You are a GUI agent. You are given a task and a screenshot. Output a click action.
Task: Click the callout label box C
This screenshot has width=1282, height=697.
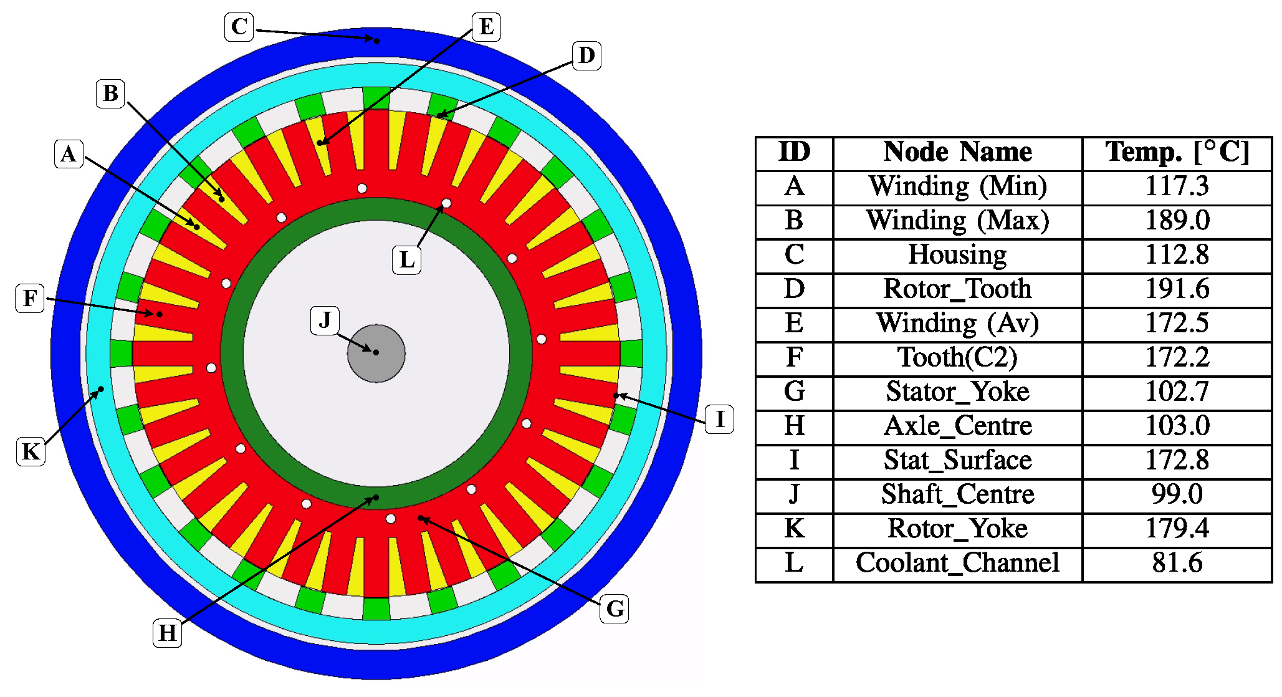click(239, 27)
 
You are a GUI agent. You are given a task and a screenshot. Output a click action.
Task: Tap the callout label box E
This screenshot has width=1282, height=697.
click(486, 27)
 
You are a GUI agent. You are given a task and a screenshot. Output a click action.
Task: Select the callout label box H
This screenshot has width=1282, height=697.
click(167, 633)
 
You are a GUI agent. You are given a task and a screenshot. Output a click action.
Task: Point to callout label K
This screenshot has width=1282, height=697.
click(31, 451)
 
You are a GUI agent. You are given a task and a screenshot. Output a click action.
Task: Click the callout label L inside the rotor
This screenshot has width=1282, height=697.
click(406, 259)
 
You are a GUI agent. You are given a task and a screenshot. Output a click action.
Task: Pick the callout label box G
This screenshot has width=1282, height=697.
click(614, 608)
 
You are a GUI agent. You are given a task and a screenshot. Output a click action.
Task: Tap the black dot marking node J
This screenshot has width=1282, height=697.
click(376, 352)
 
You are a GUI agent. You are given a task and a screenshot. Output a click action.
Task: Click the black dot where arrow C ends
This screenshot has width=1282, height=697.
click(376, 41)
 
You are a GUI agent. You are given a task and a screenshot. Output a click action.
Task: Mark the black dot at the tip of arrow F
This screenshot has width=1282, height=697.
click(160, 314)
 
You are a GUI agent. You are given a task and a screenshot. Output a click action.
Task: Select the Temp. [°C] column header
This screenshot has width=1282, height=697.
click(1177, 153)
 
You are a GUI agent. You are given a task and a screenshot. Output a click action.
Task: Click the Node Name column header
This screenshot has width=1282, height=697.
click(957, 153)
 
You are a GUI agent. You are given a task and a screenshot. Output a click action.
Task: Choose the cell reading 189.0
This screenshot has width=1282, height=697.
click(1177, 221)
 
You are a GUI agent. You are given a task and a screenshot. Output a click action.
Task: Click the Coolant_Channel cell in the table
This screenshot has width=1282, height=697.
click(957, 563)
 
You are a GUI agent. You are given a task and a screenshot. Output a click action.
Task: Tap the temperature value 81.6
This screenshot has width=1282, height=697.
click(1177, 563)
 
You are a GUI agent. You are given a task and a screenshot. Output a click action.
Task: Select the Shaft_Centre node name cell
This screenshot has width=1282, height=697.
click(957, 494)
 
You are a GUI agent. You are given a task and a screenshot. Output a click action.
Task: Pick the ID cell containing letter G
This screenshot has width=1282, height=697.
click(794, 392)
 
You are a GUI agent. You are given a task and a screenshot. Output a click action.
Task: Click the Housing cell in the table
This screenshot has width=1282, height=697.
click(957, 255)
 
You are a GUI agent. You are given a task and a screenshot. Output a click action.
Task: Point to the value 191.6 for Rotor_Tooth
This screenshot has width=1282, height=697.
click(1177, 289)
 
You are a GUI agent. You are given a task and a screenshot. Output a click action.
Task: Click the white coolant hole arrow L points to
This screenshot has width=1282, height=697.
click(446, 203)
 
